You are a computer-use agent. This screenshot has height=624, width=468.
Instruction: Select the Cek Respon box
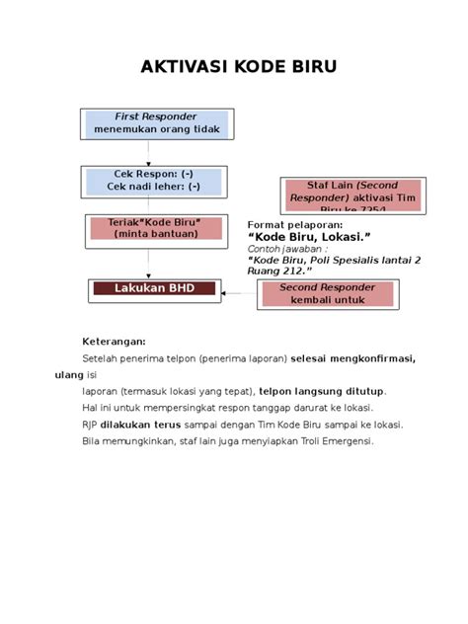click(x=153, y=180)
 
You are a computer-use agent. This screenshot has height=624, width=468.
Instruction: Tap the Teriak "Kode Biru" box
click(x=155, y=227)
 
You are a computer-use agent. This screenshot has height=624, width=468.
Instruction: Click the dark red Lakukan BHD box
click(x=154, y=289)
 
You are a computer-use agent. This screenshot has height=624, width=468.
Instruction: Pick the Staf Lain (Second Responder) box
click(x=339, y=196)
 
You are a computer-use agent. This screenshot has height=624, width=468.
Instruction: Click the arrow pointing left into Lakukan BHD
click(x=238, y=292)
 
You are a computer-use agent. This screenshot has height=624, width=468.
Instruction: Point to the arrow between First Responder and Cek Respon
click(x=149, y=152)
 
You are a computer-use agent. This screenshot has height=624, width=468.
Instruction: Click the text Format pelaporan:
click(x=291, y=225)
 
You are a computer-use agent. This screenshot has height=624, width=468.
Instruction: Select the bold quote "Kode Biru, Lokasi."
click(x=309, y=238)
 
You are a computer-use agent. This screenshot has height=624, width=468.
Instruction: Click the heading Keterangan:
click(x=114, y=340)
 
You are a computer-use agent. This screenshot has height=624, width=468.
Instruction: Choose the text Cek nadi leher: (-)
click(x=153, y=186)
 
